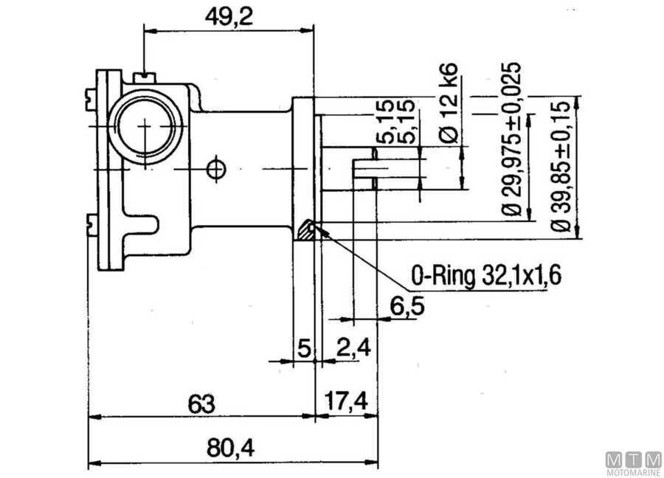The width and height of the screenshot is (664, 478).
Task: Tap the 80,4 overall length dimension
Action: click(225, 448)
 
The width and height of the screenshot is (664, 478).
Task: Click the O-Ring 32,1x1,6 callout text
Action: click(487, 276)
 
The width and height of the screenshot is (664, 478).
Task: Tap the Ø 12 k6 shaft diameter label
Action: click(451, 103)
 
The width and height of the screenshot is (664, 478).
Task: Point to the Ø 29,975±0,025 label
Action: click(513, 140)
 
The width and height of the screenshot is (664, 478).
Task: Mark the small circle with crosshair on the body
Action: click(215, 168)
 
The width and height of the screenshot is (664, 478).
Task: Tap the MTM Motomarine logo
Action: click(632, 463)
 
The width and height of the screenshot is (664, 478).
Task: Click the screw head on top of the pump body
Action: click(145, 76)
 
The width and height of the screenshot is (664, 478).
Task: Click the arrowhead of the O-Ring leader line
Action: click(320, 229)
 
